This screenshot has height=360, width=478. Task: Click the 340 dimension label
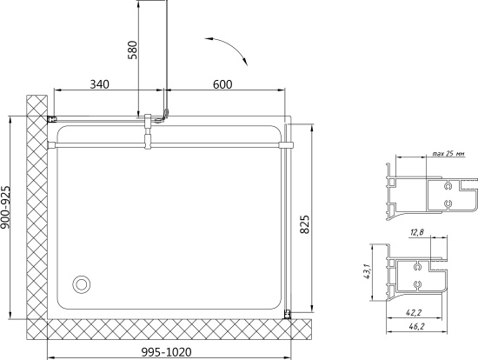point(99,84)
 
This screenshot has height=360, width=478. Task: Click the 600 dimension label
point(222,84)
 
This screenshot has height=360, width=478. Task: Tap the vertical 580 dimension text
point(133,50)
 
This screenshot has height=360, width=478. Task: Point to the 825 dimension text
point(304,224)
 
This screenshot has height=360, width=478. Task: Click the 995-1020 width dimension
point(167,352)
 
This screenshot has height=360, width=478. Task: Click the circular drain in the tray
point(81,284)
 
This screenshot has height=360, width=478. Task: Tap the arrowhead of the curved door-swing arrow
point(245,62)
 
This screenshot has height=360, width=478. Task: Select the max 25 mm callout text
point(448,154)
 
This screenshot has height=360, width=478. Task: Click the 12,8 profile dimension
point(416,232)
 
